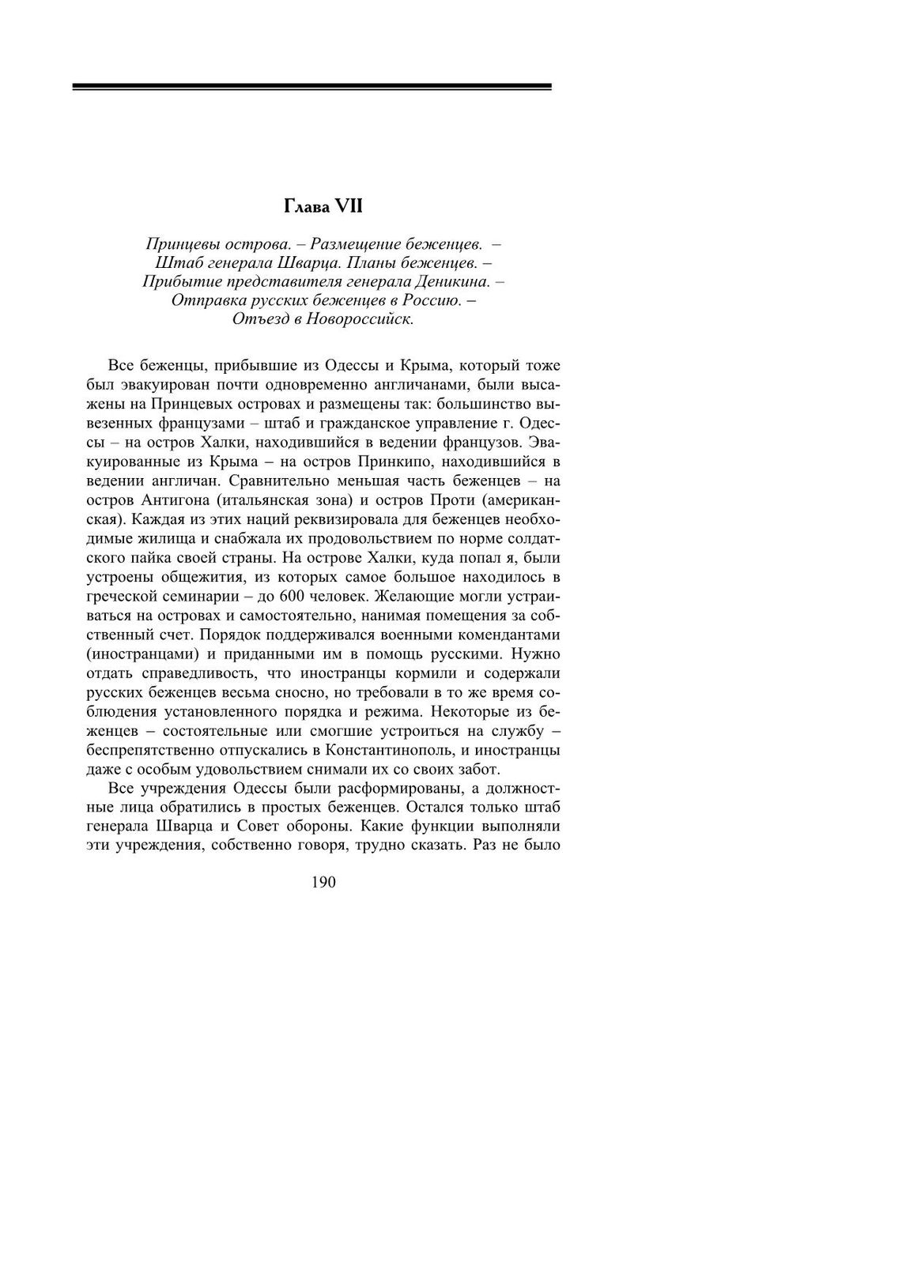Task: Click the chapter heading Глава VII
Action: click(x=323, y=207)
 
